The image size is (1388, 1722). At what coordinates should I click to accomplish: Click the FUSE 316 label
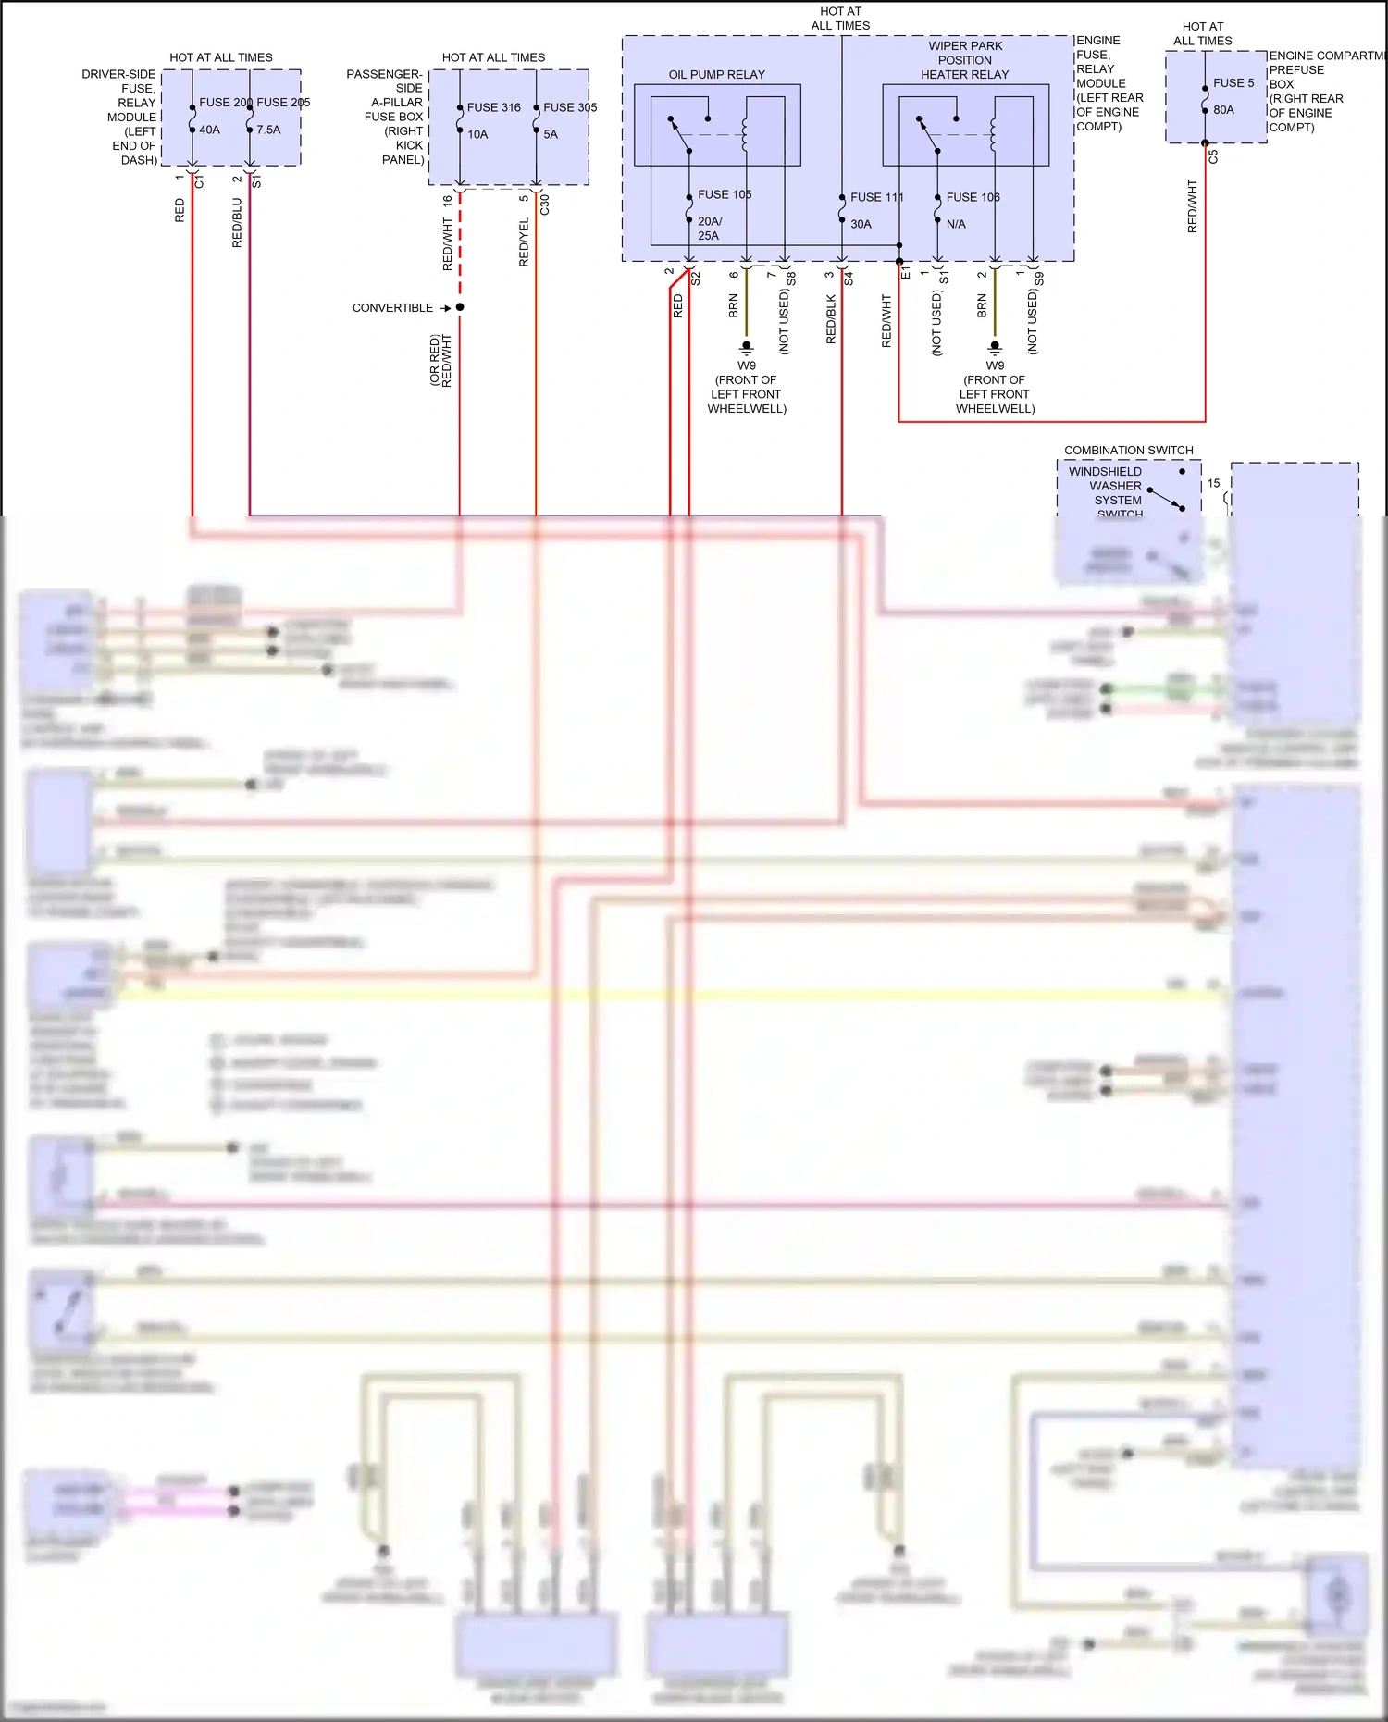(493, 107)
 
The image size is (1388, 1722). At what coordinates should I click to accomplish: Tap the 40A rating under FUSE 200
(209, 130)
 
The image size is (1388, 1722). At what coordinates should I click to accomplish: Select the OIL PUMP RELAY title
(716, 74)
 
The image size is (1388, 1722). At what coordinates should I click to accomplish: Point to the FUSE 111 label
(875, 197)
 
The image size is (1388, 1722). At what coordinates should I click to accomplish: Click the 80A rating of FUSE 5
(1223, 109)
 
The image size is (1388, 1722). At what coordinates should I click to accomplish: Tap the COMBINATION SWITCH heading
(1128, 450)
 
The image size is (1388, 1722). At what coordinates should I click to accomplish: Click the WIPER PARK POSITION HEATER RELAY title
(964, 60)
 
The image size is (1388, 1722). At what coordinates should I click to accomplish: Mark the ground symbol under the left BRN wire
(746, 348)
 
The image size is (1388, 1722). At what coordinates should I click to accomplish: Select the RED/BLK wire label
(830, 319)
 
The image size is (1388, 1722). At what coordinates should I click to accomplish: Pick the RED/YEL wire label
(524, 242)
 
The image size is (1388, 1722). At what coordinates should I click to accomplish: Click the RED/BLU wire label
(237, 222)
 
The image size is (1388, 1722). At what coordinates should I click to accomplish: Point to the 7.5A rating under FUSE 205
(268, 130)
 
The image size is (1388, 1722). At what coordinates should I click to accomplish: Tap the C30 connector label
(544, 204)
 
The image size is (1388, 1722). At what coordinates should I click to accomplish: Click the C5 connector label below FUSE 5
(1213, 157)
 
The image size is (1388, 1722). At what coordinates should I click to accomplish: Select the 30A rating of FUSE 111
(861, 224)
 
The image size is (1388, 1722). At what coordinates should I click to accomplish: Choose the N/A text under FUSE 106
(955, 224)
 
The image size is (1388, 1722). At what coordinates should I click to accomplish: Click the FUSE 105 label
(724, 194)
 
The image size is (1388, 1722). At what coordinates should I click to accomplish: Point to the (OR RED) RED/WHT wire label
(440, 360)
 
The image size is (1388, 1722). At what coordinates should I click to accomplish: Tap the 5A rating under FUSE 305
(551, 134)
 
